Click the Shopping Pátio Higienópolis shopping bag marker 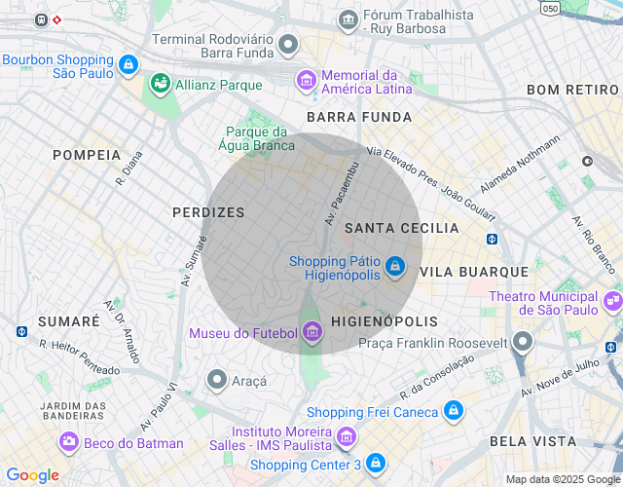pos(394,266)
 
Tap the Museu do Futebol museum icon pos(311,333)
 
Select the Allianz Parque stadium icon pos(160,86)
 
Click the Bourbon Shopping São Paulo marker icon pos(128,65)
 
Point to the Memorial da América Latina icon pos(307,79)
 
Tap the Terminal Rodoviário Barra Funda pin pos(287,44)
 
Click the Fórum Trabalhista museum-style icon pos(348,19)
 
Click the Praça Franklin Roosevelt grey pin pos(524,342)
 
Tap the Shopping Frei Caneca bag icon pos(452,412)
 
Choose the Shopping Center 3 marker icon pos(376,464)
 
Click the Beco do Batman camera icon pos(69,442)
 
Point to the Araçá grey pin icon pos(217,380)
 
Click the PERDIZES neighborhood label pos(208,211)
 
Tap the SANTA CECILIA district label pos(401,228)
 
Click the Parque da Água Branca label pos(260,138)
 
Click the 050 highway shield pos(551,8)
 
